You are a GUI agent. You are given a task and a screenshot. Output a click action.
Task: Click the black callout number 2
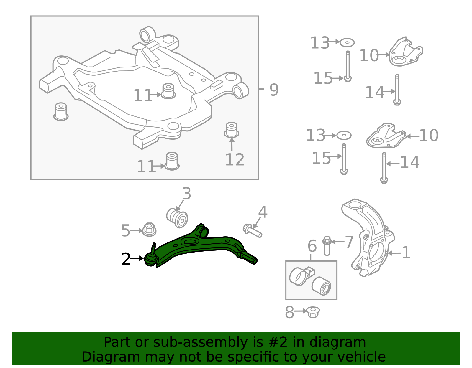tap(126, 259)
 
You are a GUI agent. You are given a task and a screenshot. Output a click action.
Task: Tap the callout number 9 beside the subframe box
tap(274, 90)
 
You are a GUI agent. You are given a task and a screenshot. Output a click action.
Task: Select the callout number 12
tap(235, 160)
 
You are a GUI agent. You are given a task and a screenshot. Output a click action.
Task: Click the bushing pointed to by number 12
tap(232, 130)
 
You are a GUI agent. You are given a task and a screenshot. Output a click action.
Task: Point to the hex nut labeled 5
tap(149, 230)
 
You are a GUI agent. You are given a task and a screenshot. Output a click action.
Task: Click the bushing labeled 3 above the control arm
tap(177, 218)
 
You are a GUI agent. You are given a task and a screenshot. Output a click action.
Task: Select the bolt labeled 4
tap(253, 231)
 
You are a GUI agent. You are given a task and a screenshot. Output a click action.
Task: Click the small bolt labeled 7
tap(327, 245)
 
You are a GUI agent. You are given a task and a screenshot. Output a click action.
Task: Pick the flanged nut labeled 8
tap(313, 312)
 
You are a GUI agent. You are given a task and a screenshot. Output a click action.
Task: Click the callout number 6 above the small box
tap(312, 246)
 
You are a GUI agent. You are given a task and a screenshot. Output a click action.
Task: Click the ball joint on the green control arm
tap(151, 259)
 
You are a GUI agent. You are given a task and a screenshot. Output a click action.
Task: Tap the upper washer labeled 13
tap(347, 43)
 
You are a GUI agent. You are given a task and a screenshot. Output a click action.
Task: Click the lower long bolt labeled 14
tap(384, 168)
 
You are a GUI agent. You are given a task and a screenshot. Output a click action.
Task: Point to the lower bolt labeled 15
tap(344, 159)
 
